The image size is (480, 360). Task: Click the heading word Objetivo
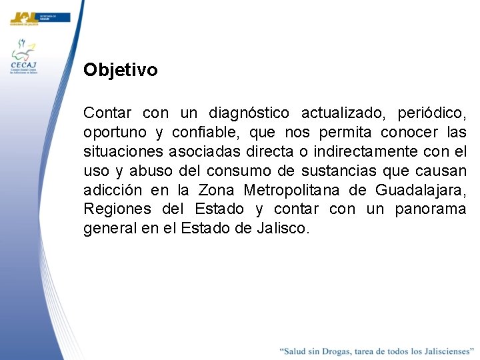(x=121, y=70)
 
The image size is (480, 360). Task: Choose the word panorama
(x=430, y=209)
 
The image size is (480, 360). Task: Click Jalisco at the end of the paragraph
(x=284, y=229)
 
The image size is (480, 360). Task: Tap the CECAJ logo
(x=24, y=57)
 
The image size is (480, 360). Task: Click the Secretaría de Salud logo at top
(x=39, y=17)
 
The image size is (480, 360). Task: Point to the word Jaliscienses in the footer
(x=441, y=351)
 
